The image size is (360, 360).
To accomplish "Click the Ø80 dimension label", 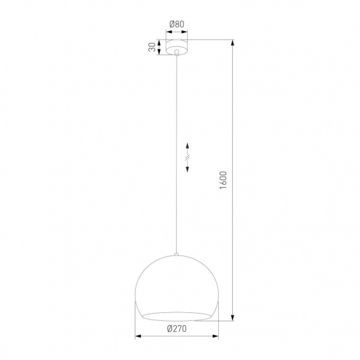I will click(x=177, y=25).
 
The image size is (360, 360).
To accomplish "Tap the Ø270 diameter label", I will click(x=177, y=329).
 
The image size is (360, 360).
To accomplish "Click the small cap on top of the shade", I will click(x=177, y=255).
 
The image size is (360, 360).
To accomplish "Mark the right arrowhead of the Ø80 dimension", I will click(x=187, y=32).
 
